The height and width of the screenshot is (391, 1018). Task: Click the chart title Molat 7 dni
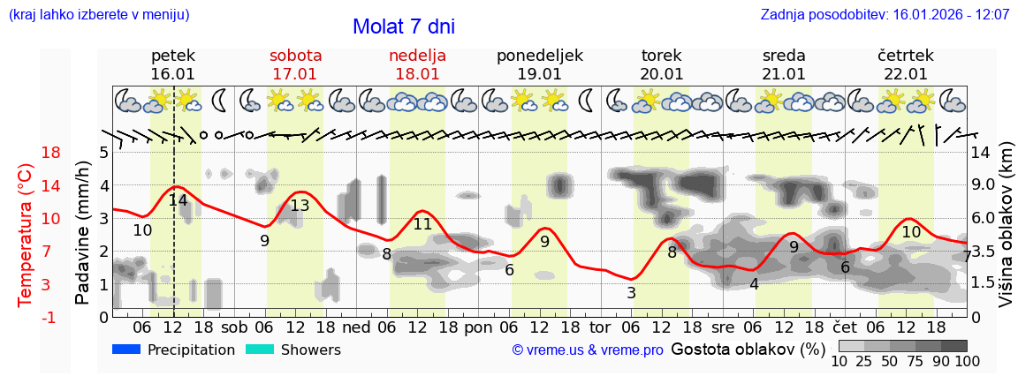point(404,26)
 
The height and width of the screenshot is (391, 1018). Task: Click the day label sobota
point(295,56)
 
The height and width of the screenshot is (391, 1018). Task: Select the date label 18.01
point(417,74)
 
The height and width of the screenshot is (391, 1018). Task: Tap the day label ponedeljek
point(539,56)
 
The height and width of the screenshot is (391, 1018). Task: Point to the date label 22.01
point(906,74)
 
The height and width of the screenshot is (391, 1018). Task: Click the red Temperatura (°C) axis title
point(26,235)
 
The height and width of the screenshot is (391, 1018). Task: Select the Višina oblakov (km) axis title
point(1007,235)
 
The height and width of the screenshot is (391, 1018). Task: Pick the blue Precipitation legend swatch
point(126,350)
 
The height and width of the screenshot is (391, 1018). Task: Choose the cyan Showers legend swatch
point(259,350)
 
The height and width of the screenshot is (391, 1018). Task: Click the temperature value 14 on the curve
point(178,200)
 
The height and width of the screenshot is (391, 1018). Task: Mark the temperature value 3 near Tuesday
point(631,293)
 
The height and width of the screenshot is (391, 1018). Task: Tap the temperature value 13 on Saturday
point(300,207)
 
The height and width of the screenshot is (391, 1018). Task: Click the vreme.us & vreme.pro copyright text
point(588,350)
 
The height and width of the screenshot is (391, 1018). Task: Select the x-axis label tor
point(600,327)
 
